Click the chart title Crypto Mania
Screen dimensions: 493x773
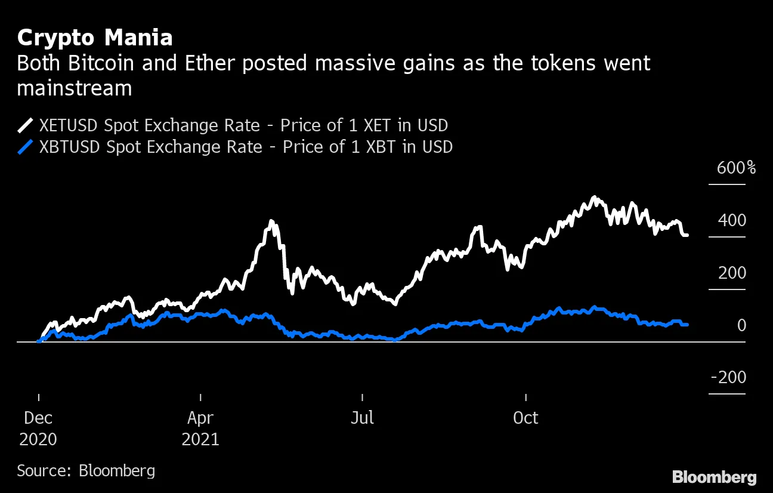(95, 38)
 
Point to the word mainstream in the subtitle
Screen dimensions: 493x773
(75, 88)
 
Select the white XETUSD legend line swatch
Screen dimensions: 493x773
(26, 126)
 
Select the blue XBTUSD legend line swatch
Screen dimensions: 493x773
(26, 147)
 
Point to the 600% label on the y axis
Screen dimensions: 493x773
(736, 168)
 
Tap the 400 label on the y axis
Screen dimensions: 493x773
(732, 221)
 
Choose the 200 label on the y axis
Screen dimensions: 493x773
(732, 273)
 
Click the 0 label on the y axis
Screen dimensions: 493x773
(741, 325)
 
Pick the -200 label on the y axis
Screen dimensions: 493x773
(728, 378)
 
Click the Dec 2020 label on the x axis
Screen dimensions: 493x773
(38, 429)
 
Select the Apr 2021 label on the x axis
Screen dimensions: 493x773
(200, 429)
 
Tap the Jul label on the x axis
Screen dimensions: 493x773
(362, 418)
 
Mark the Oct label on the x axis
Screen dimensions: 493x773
(525, 418)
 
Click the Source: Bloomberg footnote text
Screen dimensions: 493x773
(86, 470)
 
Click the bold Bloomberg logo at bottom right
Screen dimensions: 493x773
(714, 477)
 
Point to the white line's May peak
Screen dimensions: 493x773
(272, 222)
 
